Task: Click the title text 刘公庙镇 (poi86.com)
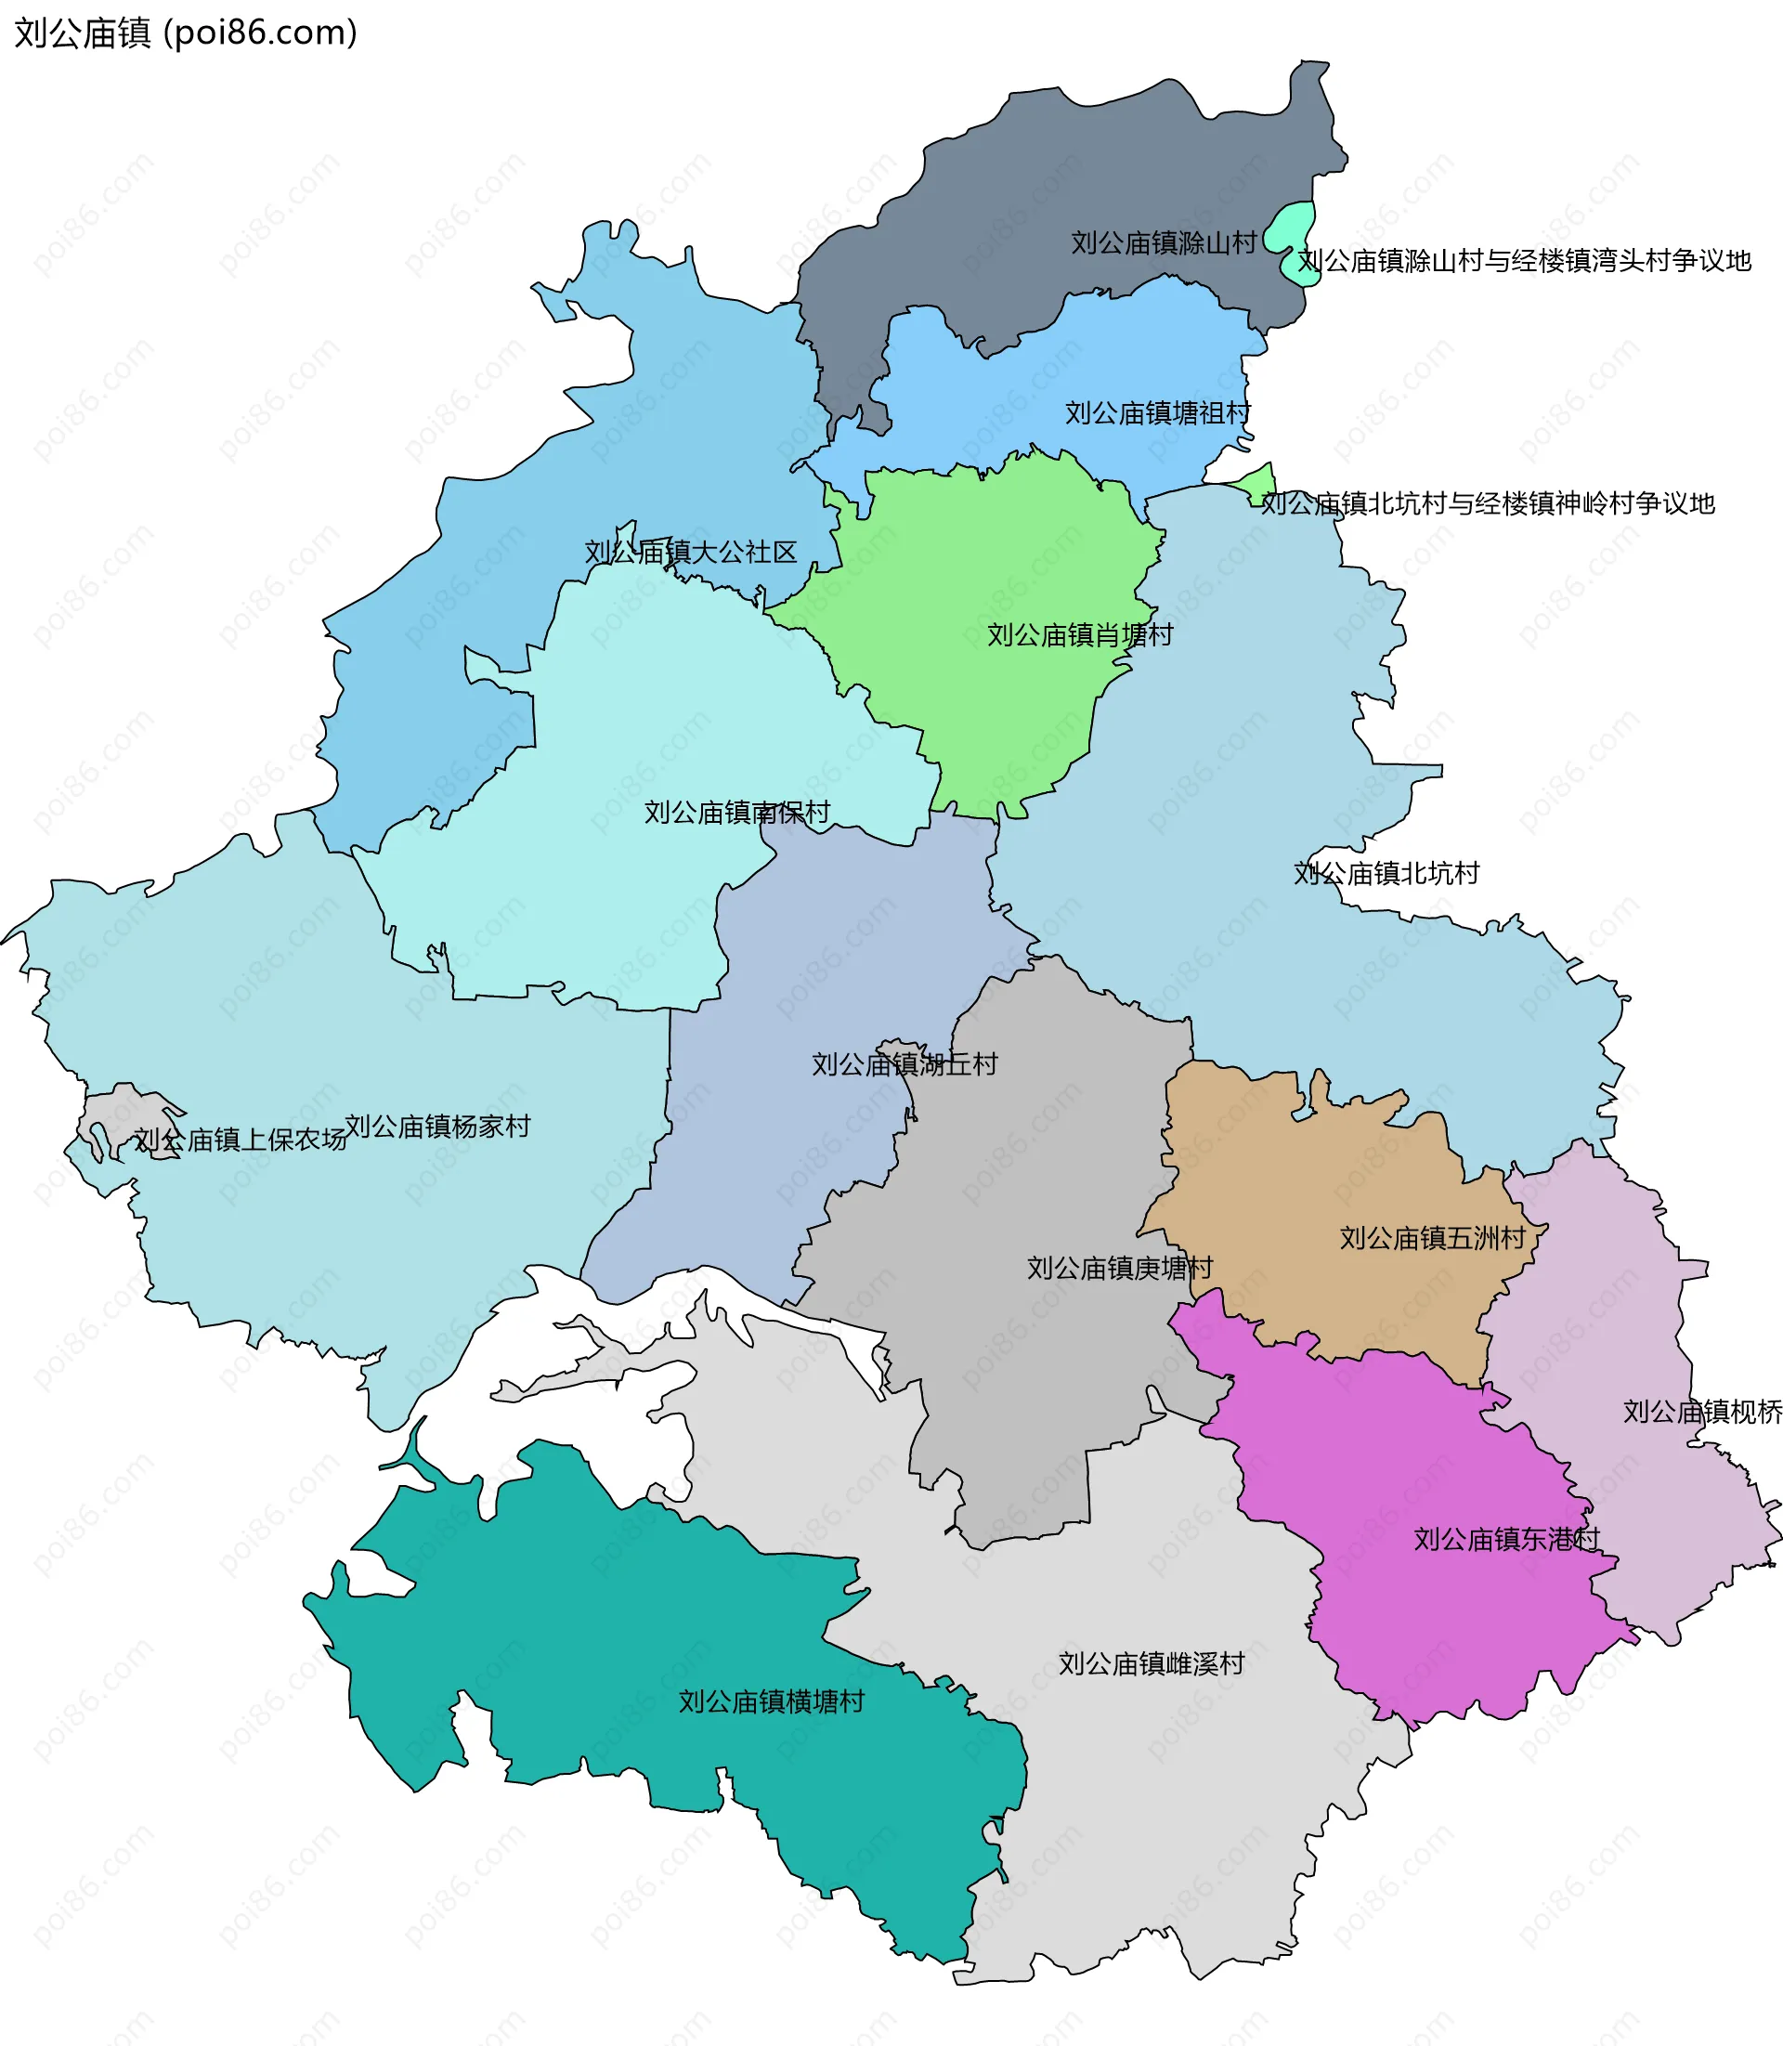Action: pos(185,33)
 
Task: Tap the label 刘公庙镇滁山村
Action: pos(1163,242)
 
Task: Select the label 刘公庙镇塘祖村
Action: pos(1157,413)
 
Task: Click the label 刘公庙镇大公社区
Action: pos(691,553)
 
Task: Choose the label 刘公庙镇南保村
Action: pos(736,813)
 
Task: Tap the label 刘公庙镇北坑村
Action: pos(1386,874)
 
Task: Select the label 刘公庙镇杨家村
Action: pos(437,1127)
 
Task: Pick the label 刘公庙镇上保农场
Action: pos(240,1140)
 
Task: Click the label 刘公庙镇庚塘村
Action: pos(1119,1269)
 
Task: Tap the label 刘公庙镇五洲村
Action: pos(1432,1239)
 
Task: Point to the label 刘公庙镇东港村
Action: pos(1506,1540)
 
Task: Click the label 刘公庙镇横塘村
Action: pos(771,1701)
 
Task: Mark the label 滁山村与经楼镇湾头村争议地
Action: pos(1523,261)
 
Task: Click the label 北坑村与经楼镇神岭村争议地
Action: pos(1488,503)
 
